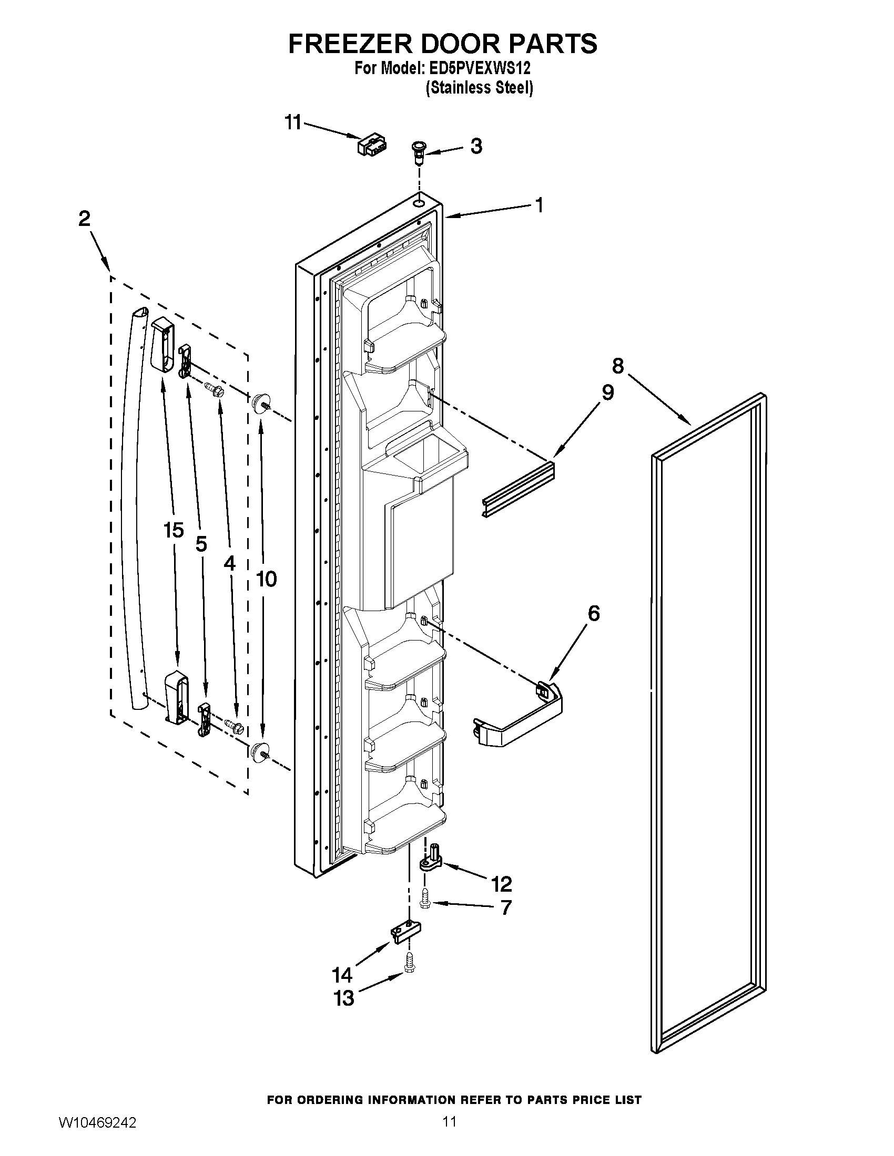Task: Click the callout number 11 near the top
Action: coord(292,122)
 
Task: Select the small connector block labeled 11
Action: coord(372,145)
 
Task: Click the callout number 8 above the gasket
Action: coord(617,365)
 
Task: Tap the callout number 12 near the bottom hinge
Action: coord(501,883)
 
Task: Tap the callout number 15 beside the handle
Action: coord(174,530)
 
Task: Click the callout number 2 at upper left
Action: coord(85,218)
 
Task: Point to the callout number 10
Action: coord(266,579)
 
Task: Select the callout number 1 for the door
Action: coord(539,205)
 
